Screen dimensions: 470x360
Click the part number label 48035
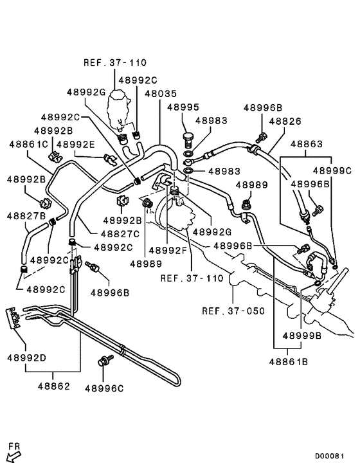coord(161,93)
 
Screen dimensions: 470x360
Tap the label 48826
coord(284,120)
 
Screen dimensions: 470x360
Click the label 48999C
coord(332,170)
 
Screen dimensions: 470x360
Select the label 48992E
coord(75,144)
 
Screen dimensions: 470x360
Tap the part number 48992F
coord(168,249)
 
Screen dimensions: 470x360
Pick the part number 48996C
coord(104,388)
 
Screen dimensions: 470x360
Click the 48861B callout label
coord(288,362)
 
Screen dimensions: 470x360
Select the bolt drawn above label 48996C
coord(102,363)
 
